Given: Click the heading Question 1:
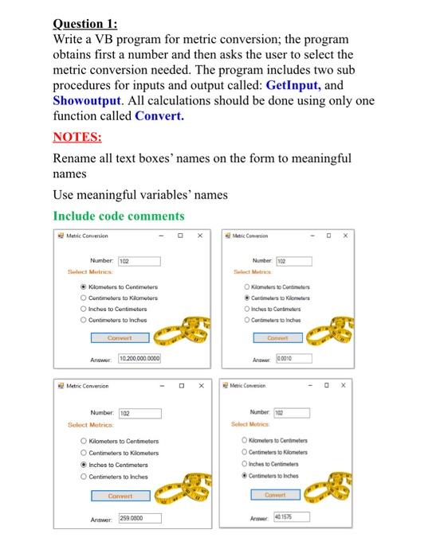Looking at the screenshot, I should (89, 24).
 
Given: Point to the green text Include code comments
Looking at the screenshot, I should (118, 216).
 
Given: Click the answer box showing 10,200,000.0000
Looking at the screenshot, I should (139, 359).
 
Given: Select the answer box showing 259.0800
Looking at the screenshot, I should (139, 517).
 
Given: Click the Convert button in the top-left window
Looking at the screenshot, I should (120, 337).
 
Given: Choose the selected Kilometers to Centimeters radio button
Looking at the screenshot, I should (84, 287).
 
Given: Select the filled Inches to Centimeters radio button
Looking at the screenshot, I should (84, 465).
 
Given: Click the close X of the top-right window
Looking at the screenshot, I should (344, 236).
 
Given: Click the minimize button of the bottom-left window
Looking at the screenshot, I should (161, 386).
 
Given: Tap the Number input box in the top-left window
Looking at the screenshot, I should (139, 261).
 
